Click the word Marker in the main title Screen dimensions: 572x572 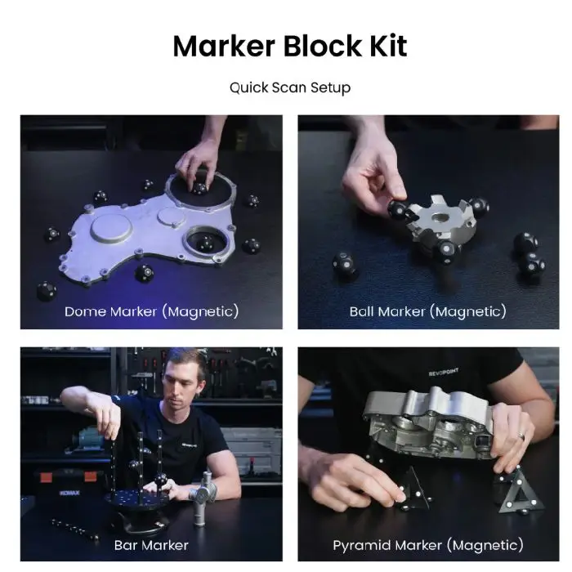click(224, 47)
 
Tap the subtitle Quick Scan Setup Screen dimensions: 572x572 click(290, 88)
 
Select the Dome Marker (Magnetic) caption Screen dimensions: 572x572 click(151, 312)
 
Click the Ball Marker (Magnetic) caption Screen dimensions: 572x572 click(428, 312)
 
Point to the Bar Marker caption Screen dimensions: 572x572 click(151, 545)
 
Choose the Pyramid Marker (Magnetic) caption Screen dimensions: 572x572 click(428, 546)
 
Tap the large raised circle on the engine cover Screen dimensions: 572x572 click(111, 228)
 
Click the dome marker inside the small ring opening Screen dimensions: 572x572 click(204, 244)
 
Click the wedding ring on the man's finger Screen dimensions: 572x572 click(521, 436)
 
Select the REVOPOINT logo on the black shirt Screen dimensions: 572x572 click(443, 373)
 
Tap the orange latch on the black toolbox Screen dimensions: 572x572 click(45, 476)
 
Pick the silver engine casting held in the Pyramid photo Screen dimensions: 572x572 click(431, 422)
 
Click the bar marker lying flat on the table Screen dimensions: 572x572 click(74, 529)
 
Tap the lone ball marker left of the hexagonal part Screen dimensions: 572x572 click(344, 266)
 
